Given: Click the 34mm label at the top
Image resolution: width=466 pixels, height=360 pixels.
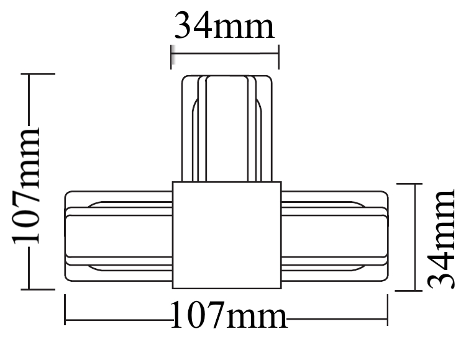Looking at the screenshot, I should [x=224, y=26].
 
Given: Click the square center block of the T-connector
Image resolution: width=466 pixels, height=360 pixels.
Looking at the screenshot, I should [x=227, y=235].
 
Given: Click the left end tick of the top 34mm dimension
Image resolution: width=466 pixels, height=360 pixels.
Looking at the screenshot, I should [x=171, y=55].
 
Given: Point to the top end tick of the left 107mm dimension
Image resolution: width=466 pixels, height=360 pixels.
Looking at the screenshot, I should [x=39, y=74].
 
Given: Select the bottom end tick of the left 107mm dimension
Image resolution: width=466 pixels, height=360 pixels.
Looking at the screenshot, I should [x=39, y=289].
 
